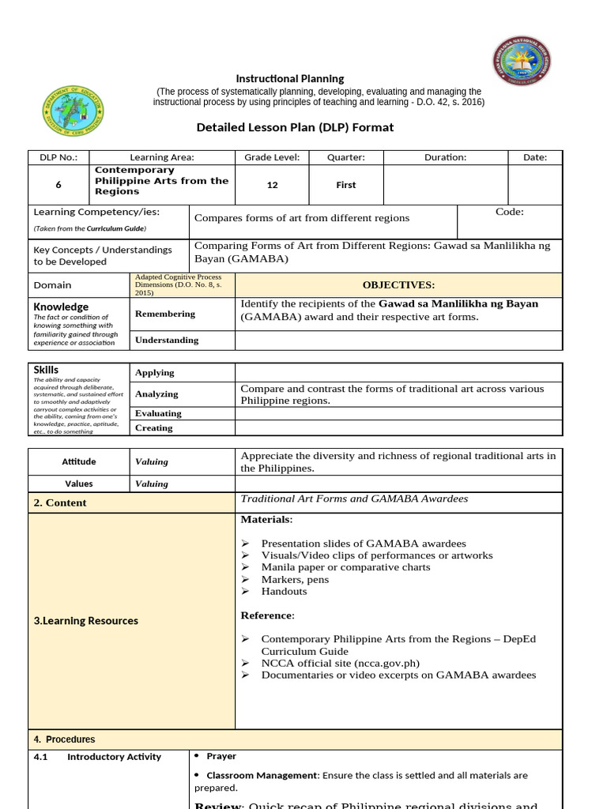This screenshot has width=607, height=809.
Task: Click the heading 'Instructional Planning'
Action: click(x=290, y=78)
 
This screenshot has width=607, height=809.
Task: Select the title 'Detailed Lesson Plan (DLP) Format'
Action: click(x=294, y=127)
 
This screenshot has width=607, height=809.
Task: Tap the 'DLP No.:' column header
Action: click(x=58, y=157)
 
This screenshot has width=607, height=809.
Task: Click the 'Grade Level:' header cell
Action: click(x=272, y=157)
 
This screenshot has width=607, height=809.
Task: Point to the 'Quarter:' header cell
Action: click(x=346, y=157)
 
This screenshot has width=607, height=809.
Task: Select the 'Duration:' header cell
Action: click(x=445, y=157)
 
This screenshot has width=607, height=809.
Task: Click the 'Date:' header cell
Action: click(x=534, y=157)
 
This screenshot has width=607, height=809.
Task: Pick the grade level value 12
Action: click(x=272, y=185)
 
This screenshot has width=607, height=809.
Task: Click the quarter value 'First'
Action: click(x=346, y=185)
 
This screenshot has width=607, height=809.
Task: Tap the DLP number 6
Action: click(x=58, y=185)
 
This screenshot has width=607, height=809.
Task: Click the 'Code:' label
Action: click(x=509, y=212)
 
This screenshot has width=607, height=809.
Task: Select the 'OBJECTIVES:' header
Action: click(x=398, y=285)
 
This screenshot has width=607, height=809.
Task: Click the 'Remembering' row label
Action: click(x=165, y=314)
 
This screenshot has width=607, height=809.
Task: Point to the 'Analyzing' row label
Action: click(x=156, y=393)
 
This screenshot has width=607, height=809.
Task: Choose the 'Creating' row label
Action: click(x=153, y=427)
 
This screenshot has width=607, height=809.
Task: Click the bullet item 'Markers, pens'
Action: click(x=295, y=579)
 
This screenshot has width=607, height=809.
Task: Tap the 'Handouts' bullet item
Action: click(x=284, y=591)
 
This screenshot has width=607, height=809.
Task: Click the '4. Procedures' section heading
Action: click(x=64, y=739)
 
